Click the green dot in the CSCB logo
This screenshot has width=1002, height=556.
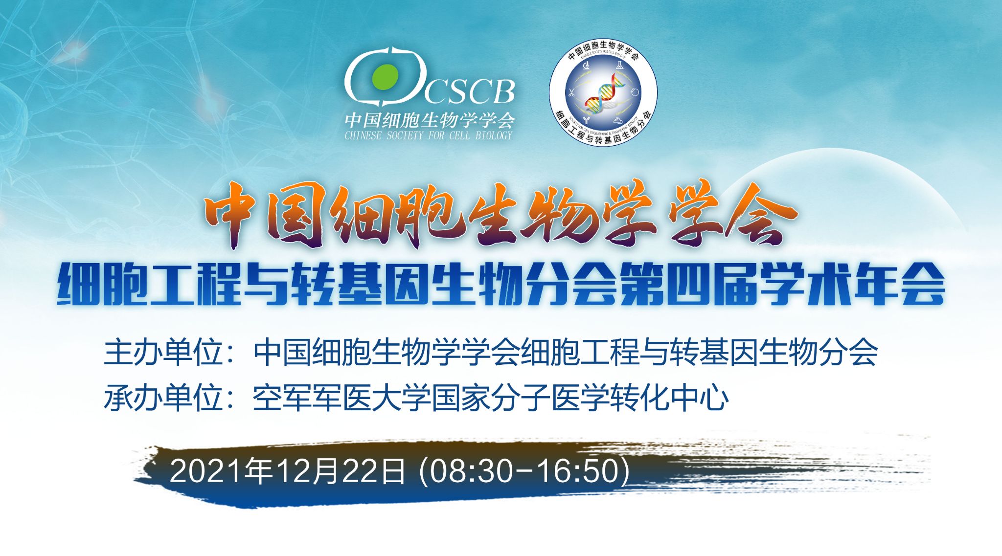click(x=385, y=77)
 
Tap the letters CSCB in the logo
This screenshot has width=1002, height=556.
click(x=468, y=91)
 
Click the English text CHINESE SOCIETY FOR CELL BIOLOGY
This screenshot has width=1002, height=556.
click(x=429, y=135)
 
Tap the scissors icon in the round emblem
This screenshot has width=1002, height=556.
click(x=570, y=92)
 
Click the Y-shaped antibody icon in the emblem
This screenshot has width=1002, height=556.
click(x=586, y=119)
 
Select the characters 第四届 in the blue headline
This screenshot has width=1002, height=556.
click(x=688, y=285)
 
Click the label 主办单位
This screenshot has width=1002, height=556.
click(x=163, y=352)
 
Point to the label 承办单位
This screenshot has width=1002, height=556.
click(x=163, y=398)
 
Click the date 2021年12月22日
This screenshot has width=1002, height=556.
click(x=288, y=471)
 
